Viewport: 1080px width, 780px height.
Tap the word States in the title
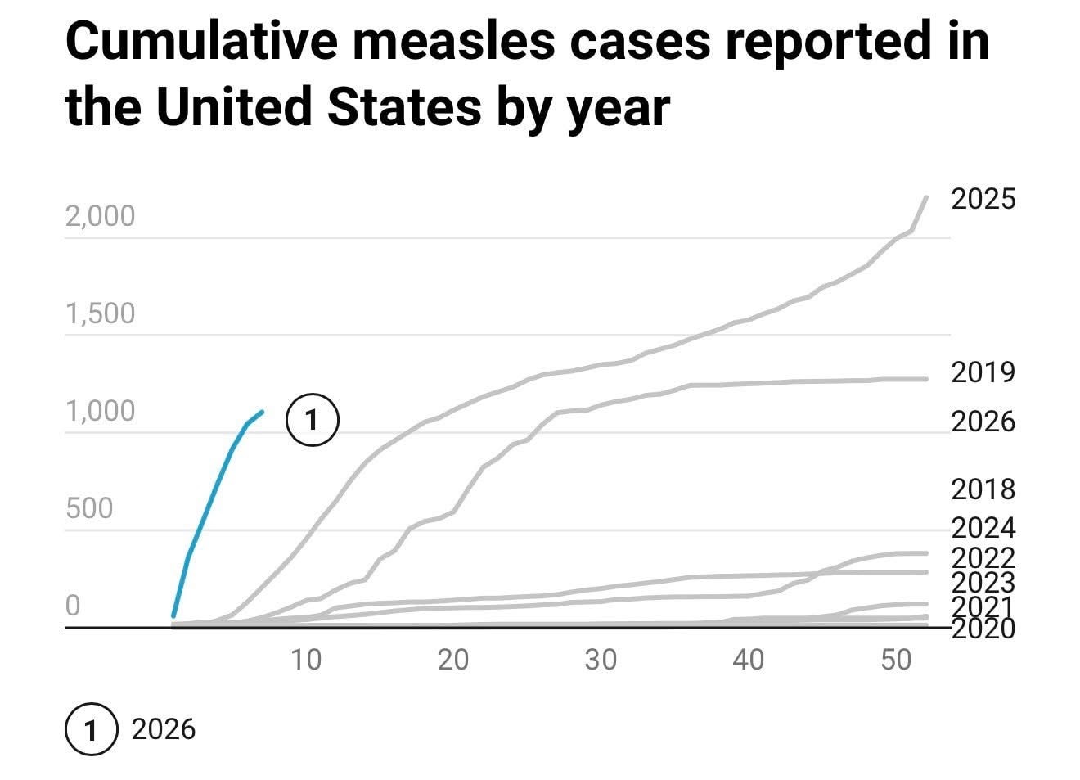404,106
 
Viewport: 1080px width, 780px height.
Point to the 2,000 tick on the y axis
100,216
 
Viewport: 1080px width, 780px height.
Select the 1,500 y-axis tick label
100,313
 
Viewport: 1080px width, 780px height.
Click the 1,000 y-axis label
100,411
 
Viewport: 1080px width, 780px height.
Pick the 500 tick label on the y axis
88,508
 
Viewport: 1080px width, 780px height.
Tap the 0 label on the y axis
73,606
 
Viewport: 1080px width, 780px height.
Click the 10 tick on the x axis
306,659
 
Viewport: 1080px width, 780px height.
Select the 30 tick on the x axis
601,659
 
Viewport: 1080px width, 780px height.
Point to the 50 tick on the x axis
896,659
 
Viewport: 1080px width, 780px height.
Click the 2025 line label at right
983,199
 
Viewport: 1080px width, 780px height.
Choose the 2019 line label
983,372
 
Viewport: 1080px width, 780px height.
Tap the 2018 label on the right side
983,489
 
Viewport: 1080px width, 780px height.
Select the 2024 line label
983,527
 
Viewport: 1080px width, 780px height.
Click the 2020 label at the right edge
983,629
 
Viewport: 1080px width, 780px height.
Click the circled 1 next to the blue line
312,420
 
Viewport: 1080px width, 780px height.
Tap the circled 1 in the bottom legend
91,728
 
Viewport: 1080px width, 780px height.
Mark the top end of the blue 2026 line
262,412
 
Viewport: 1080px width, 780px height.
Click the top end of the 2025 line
926,197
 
